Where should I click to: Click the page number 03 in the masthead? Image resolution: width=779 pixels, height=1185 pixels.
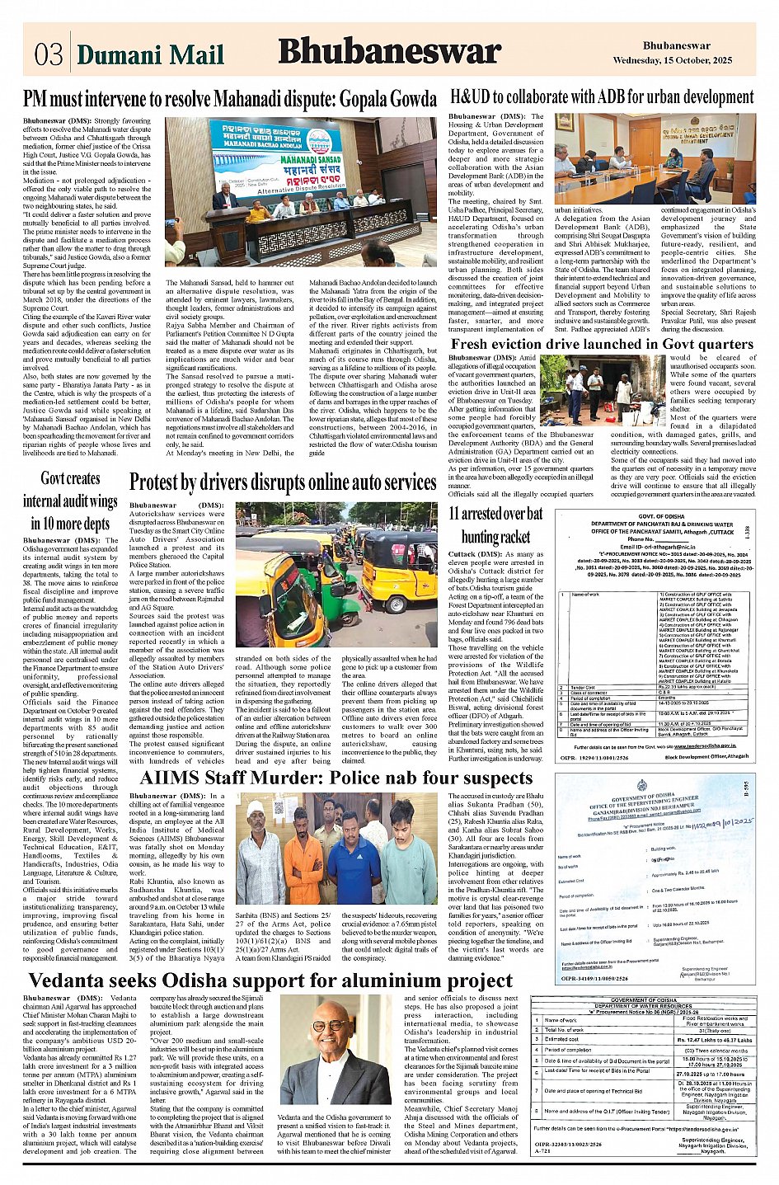click(x=48, y=54)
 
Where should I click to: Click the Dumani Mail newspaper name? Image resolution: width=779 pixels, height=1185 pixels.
click(x=150, y=55)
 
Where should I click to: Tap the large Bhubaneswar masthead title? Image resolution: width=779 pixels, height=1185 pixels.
click(x=389, y=52)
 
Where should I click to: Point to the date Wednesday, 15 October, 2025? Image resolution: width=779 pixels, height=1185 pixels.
click(x=672, y=61)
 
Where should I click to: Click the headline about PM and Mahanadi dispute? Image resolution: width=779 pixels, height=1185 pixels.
click(x=230, y=100)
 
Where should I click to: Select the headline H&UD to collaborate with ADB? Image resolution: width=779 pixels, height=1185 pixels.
click(x=602, y=97)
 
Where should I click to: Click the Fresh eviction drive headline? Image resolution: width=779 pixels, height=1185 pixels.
click(x=602, y=344)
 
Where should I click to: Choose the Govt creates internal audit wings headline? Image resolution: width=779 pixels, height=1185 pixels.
click(x=70, y=501)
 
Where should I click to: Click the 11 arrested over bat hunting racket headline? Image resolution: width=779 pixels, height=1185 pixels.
click(x=495, y=525)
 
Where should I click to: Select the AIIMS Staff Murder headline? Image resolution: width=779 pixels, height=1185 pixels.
click(x=336, y=778)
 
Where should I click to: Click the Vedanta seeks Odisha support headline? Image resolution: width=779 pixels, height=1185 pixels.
click(x=270, y=980)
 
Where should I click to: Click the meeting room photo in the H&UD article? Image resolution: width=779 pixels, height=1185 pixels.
click(x=655, y=158)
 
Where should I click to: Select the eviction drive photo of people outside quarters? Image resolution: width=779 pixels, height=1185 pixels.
click(x=608, y=389)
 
